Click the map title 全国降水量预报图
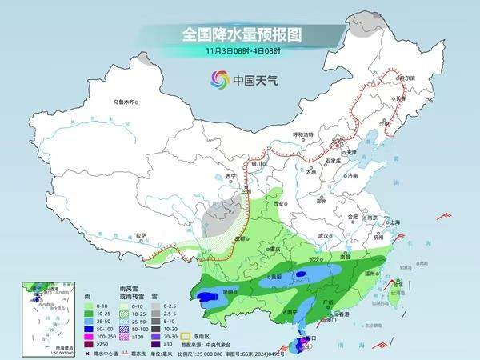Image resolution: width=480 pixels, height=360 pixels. pos(240,34)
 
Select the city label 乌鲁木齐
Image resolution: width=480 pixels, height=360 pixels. pos(126,102)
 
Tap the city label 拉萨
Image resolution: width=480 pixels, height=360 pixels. pos(142,235)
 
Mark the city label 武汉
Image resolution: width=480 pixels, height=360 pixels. pos(324,236)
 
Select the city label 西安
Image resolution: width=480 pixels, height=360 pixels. pos(278,205)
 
